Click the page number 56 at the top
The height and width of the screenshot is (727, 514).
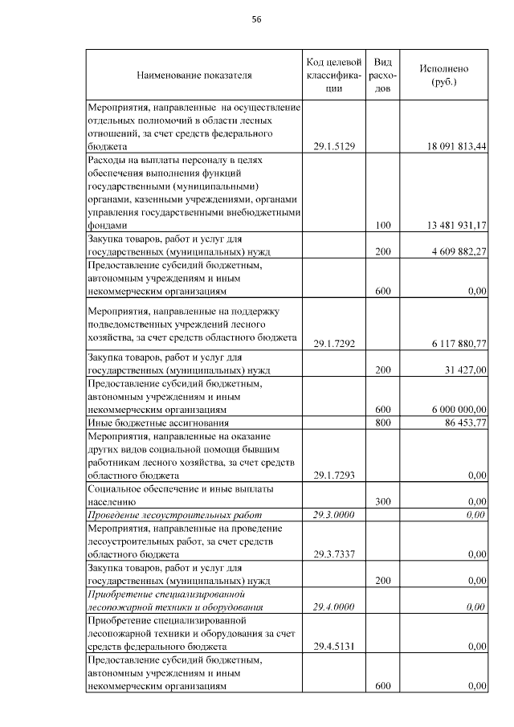(257, 19)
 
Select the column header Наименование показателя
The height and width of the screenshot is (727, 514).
(194, 76)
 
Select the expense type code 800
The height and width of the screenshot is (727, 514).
(383, 422)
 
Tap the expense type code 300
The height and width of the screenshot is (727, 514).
(383, 501)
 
